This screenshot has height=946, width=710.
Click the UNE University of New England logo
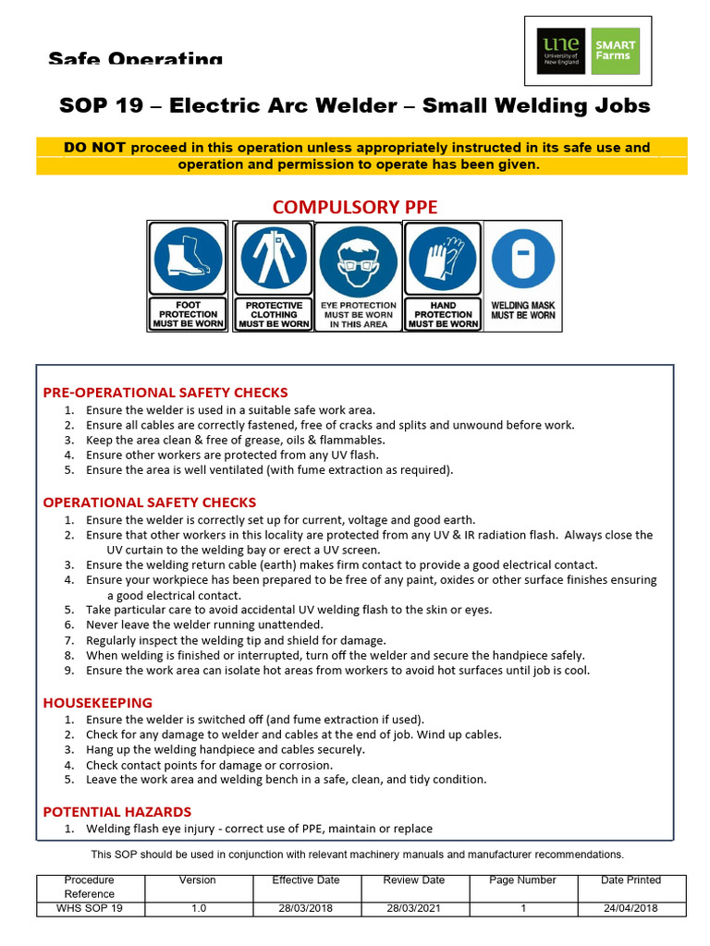(x=561, y=51)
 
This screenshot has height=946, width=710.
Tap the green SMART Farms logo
(x=615, y=51)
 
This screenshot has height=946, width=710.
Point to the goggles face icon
(x=358, y=260)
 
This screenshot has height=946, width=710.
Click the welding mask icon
(x=523, y=256)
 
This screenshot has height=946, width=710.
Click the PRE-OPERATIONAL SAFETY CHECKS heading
(x=165, y=393)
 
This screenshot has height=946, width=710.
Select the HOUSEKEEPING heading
(x=98, y=703)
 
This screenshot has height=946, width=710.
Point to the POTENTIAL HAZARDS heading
(x=117, y=812)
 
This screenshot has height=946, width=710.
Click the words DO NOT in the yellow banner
(x=95, y=148)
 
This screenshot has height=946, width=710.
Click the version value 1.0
(x=199, y=908)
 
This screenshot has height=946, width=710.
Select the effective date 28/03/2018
(x=306, y=908)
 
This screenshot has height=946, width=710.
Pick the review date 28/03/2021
(x=414, y=908)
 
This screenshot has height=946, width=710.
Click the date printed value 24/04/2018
(x=630, y=908)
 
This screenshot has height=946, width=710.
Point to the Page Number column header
(x=522, y=880)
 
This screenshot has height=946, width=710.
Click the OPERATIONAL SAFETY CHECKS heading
(x=150, y=503)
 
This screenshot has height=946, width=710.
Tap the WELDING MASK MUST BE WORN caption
(x=523, y=310)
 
